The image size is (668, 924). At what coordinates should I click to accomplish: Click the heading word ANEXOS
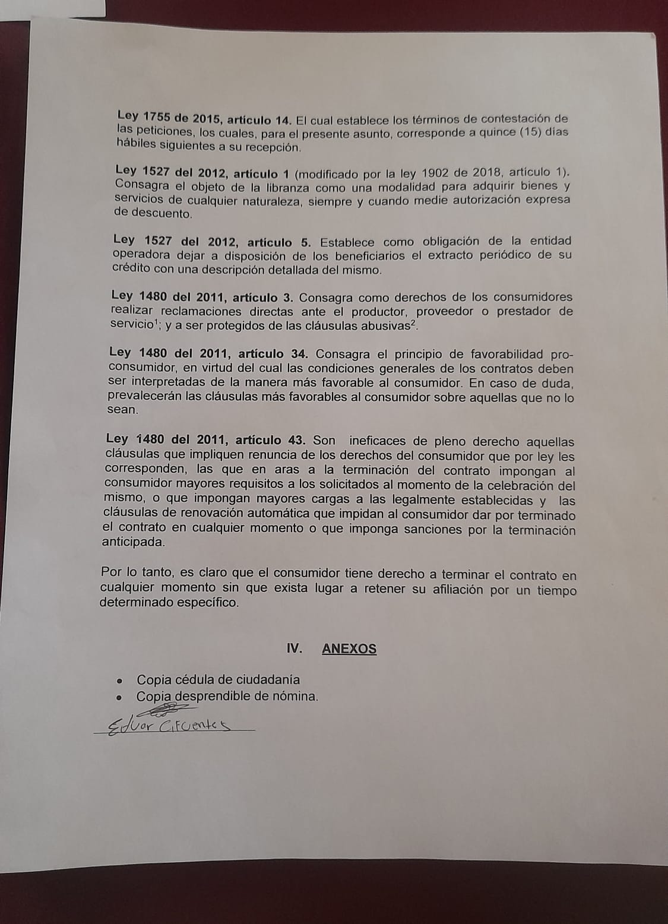click(349, 648)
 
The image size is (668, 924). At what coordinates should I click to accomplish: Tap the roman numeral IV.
click(295, 648)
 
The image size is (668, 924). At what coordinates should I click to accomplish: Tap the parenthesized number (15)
click(534, 132)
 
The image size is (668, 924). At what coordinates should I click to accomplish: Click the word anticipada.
click(133, 543)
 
